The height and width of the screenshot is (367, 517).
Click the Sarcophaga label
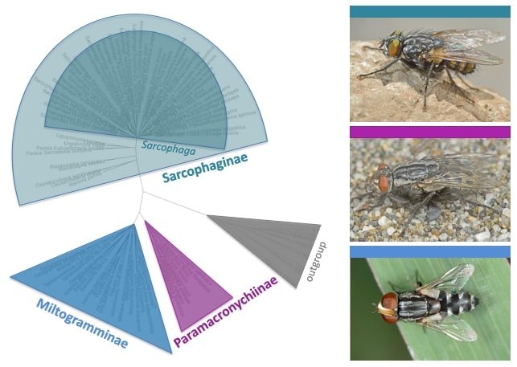(160, 146)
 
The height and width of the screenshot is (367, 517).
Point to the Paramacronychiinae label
(228, 311)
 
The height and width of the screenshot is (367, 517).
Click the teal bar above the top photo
(429, 11)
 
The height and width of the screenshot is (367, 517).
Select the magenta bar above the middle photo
(429, 132)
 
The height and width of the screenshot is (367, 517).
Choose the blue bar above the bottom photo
(429, 251)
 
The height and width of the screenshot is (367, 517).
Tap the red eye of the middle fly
(384, 181)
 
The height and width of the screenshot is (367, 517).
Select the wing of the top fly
(466, 44)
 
